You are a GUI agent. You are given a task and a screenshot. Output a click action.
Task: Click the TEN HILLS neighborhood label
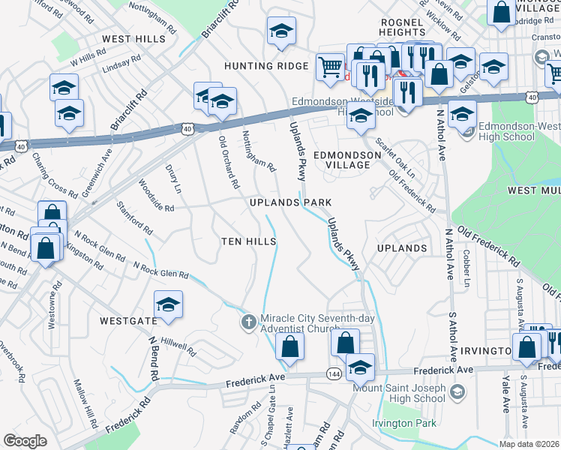[249, 241]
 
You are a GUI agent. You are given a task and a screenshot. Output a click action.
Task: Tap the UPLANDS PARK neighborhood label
[290, 203]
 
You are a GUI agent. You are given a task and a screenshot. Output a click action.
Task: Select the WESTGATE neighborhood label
[128, 321]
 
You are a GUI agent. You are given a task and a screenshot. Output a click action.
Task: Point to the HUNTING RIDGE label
[266, 66]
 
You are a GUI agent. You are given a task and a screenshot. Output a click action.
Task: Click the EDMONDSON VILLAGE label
[346, 155]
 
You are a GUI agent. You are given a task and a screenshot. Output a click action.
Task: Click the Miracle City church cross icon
[249, 321]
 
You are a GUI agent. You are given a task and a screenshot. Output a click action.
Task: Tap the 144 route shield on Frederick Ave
[334, 373]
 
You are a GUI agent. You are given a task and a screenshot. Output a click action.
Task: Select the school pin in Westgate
[169, 304]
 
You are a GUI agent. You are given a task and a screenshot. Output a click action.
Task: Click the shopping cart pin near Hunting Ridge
[330, 67]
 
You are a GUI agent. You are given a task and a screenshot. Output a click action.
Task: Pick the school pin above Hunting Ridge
[282, 31]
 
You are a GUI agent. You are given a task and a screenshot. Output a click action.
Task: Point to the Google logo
[25, 441]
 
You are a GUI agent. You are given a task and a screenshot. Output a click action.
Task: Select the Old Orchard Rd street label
[228, 161]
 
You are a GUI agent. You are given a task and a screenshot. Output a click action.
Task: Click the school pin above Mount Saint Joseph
[361, 367]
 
